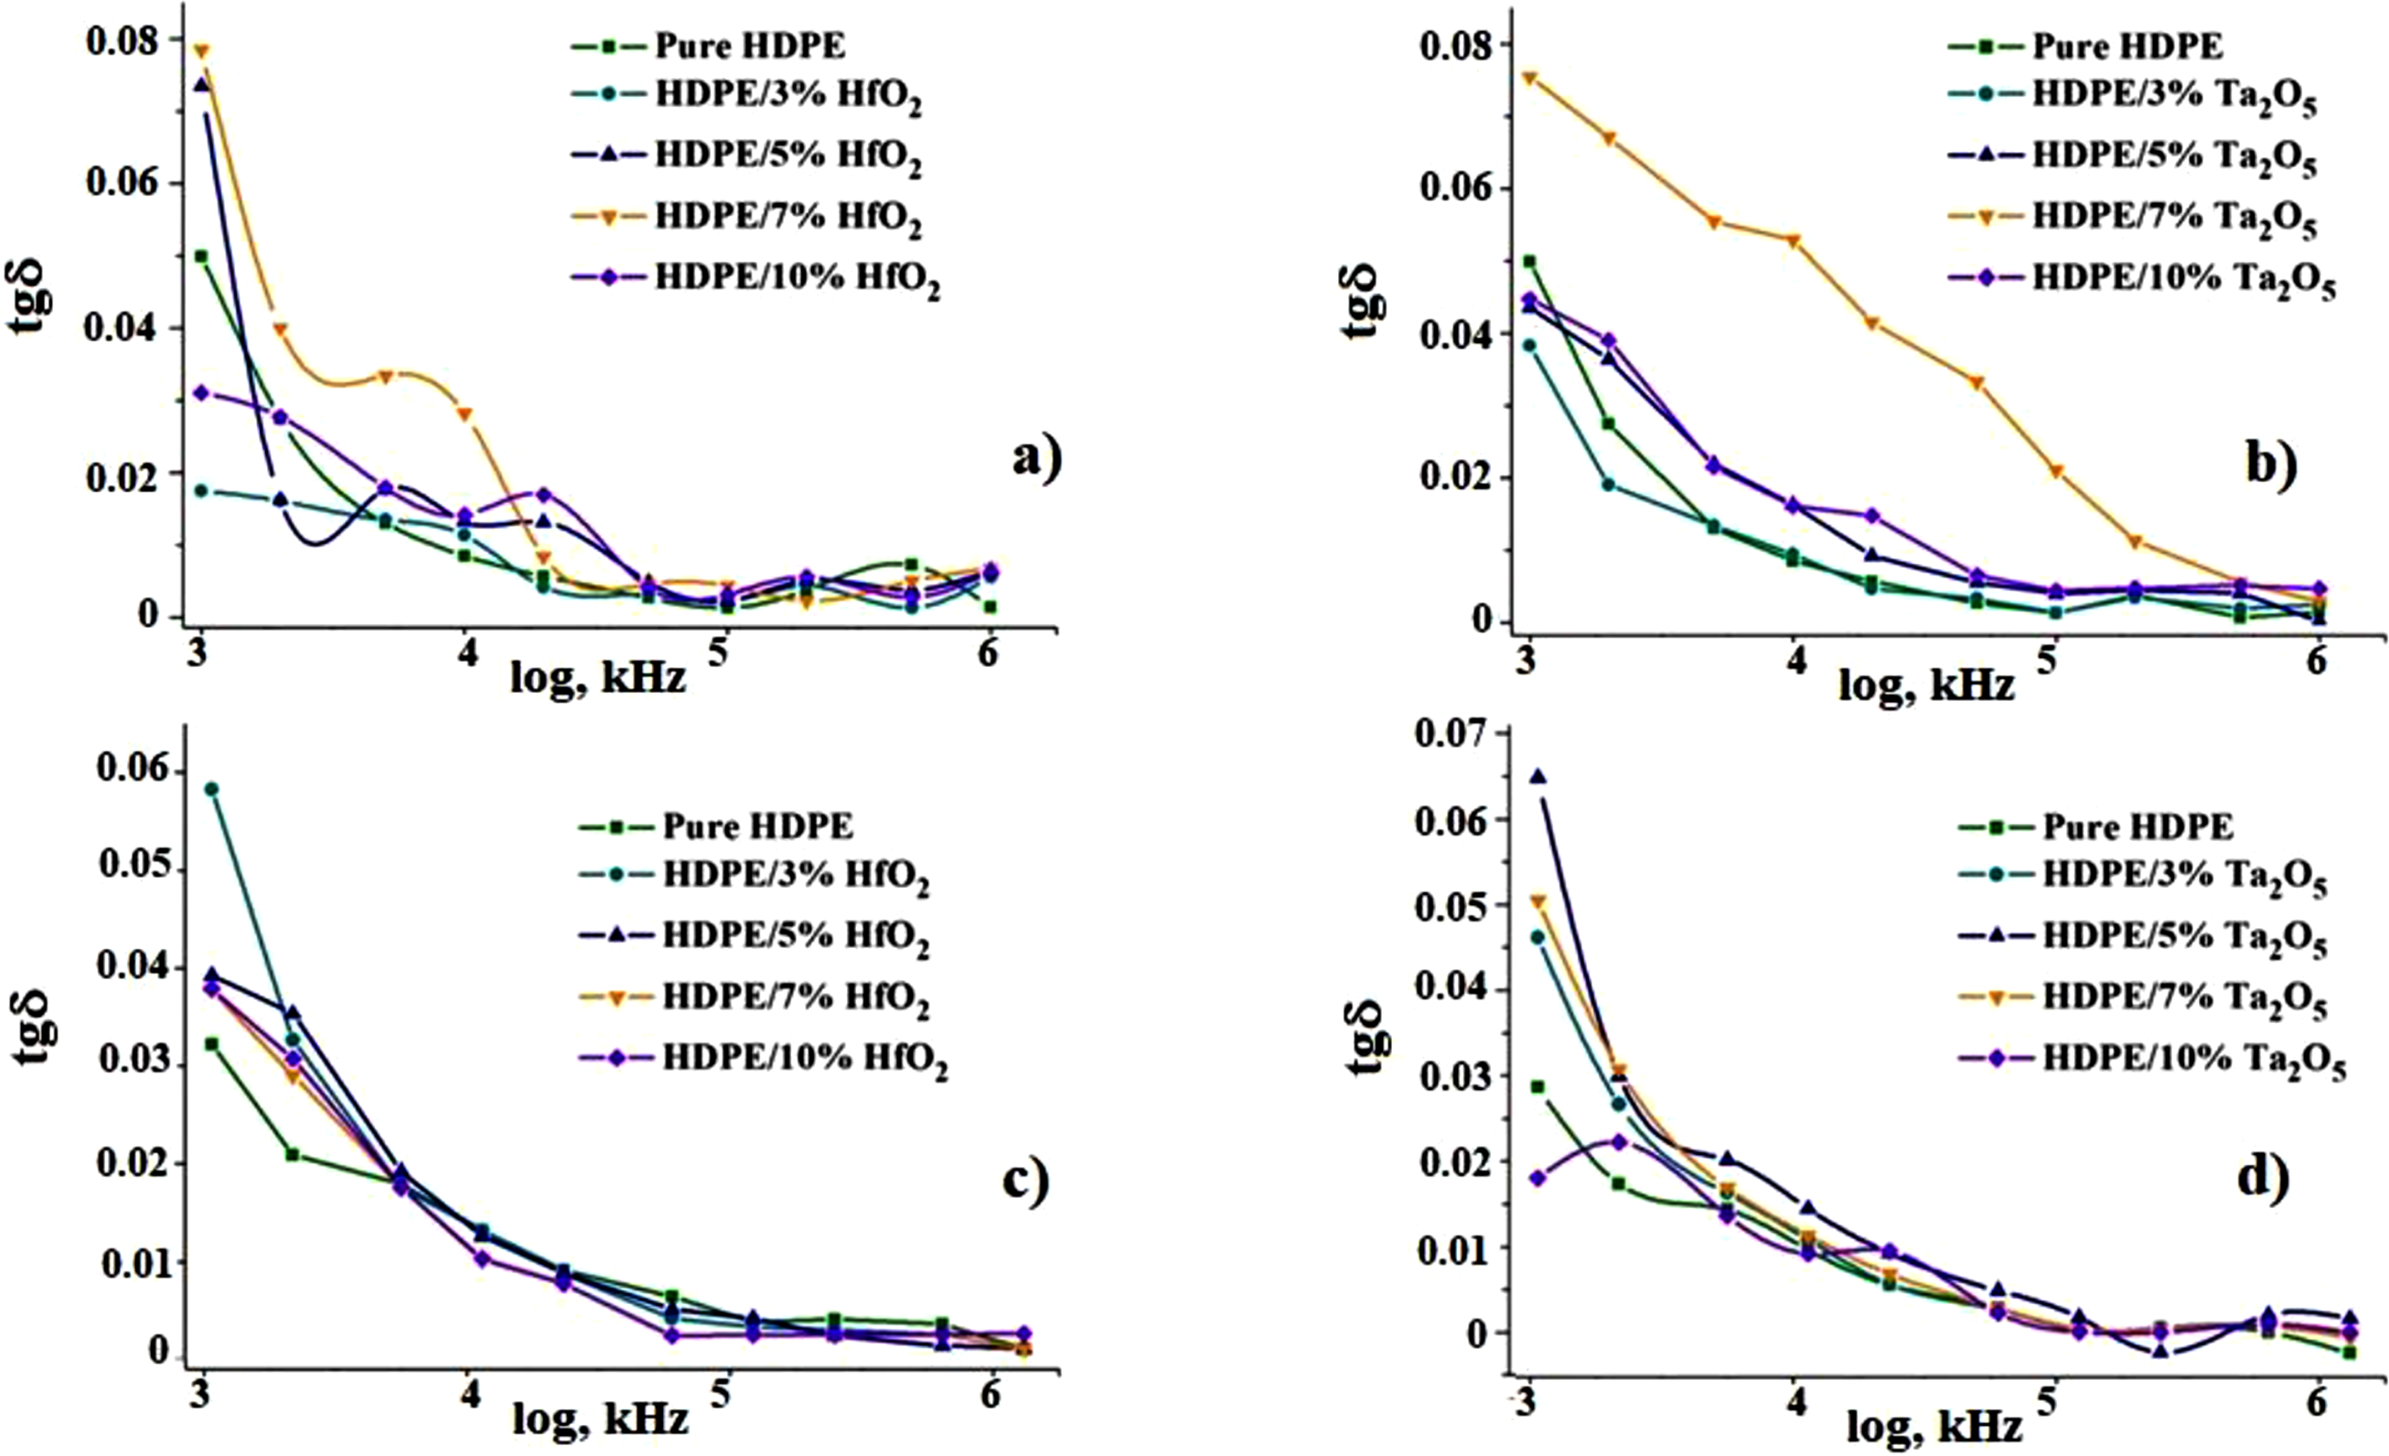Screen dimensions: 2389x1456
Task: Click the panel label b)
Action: pos(2271,465)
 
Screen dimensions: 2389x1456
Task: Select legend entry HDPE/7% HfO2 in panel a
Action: pos(746,218)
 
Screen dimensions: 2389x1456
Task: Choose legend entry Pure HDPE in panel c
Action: pos(716,826)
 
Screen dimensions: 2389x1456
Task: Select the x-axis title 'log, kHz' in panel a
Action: pos(599,677)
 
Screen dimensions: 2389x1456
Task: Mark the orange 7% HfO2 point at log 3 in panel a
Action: pos(201,50)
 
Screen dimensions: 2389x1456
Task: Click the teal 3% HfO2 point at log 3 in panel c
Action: pos(211,789)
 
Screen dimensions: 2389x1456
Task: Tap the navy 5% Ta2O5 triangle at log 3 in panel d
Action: pos(1537,776)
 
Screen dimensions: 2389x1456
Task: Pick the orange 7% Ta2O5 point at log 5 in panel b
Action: pos(2052,472)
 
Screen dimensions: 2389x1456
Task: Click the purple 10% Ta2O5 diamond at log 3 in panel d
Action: pos(1537,1178)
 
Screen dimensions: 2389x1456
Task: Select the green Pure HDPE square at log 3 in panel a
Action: pos(201,256)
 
